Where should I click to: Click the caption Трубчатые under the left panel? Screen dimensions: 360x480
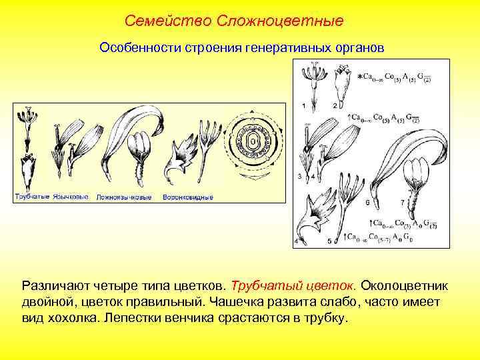click(x=32, y=197)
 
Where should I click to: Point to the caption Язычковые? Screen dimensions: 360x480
click(x=71, y=197)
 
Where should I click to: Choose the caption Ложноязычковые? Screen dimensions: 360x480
click(x=124, y=197)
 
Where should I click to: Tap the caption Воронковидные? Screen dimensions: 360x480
click(x=188, y=197)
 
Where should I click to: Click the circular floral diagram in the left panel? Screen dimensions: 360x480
click(x=253, y=141)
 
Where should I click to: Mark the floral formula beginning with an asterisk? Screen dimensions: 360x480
click(x=394, y=77)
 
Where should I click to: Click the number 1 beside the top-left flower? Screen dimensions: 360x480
click(x=304, y=106)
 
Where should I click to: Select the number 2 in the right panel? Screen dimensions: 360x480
click(x=334, y=106)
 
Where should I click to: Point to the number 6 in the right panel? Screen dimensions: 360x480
click(x=367, y=201)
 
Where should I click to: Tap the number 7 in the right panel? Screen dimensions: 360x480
click(x=401, y=201)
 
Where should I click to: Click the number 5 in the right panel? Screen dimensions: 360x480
click(x=329, y=241)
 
